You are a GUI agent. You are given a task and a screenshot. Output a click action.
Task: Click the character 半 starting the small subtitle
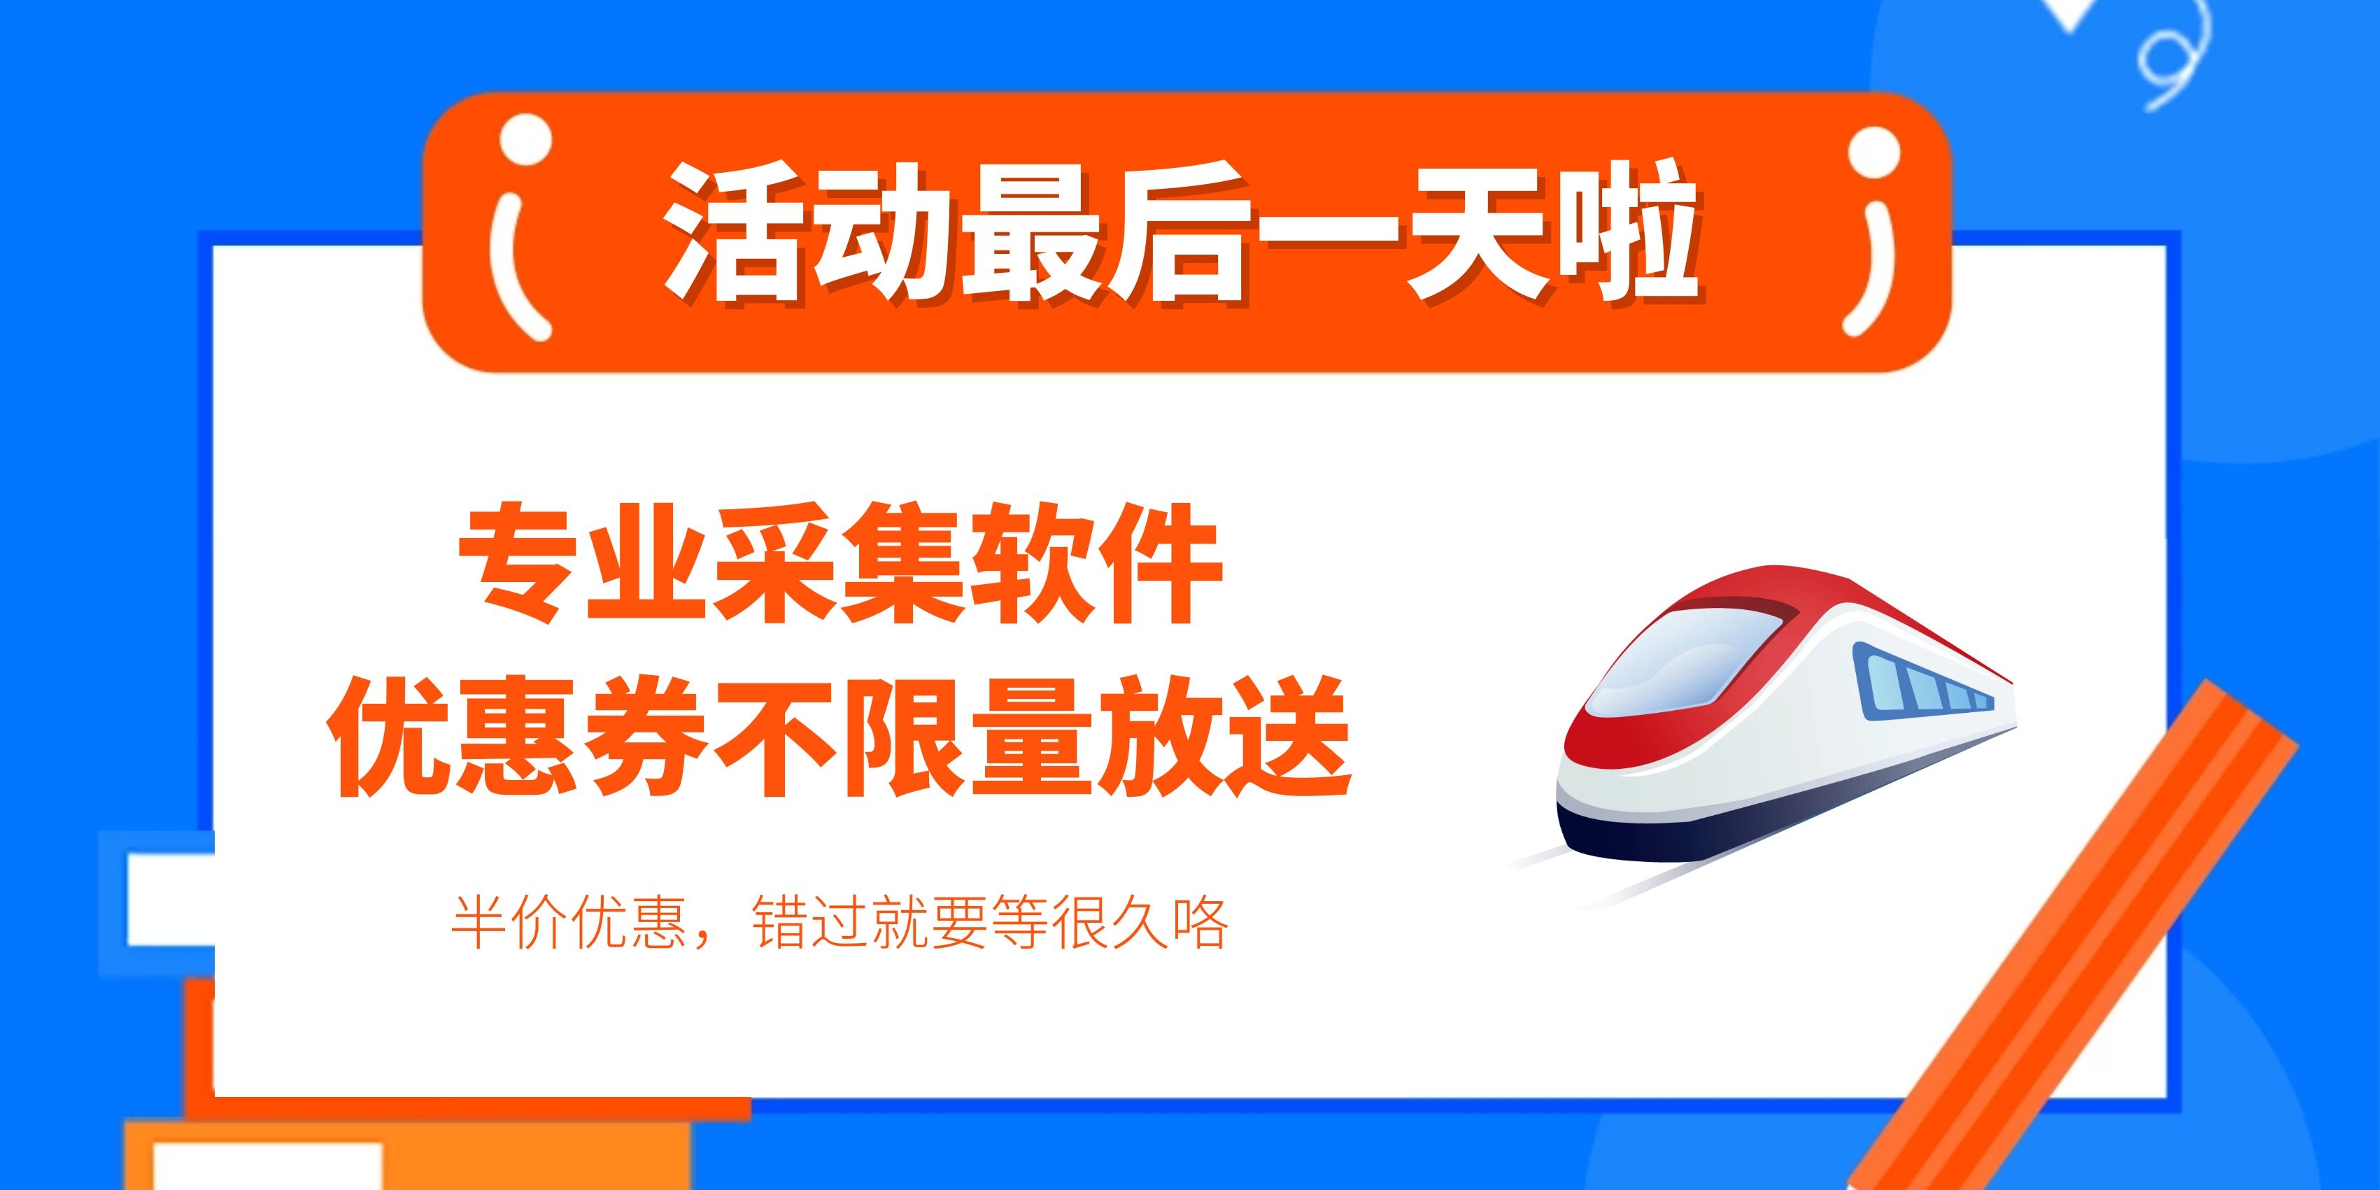[479, 921]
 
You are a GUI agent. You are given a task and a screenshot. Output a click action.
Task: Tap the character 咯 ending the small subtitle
[1199, 921]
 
